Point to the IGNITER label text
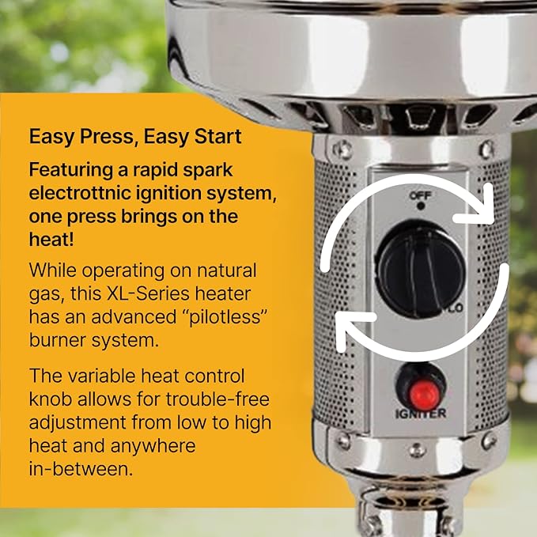[x=421, y=413]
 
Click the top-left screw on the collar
[x=344, y=148]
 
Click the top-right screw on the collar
[x=487, y=148]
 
